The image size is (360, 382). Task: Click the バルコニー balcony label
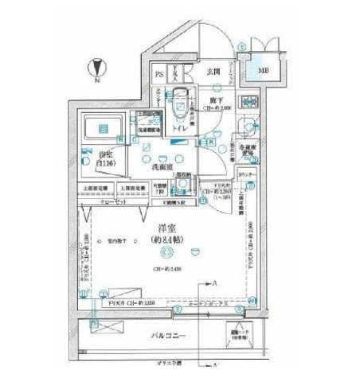[169, 337]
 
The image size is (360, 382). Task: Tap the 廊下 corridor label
[216, 103]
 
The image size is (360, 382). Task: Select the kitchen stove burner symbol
[248, 103]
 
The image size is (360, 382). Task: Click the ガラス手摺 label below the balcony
[168, 362]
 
